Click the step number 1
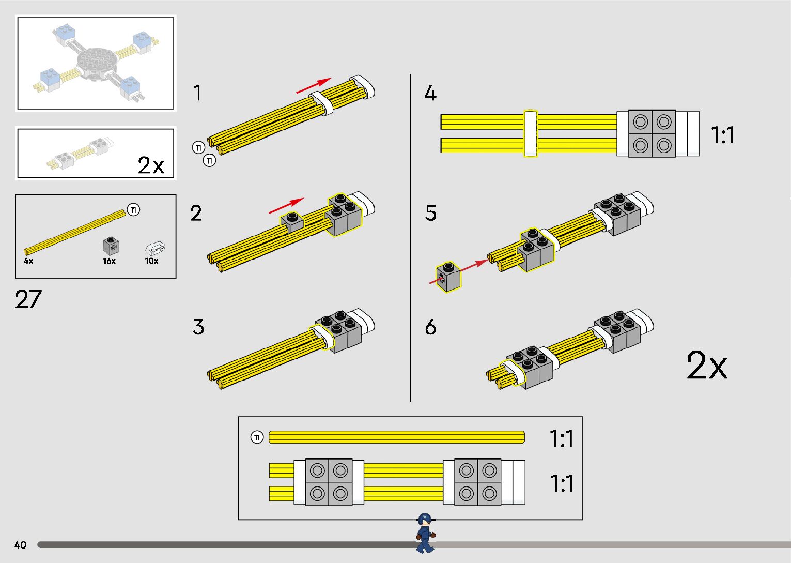(x=197, y=94)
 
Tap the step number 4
(x=430, y=94)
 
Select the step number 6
(x=430, y=327)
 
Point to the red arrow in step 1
(x=314, y=86)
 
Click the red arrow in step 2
(x=286, y=206)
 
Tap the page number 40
(x=20, y=545)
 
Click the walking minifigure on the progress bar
(x=425, y=533)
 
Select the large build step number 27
(x=28, y=299)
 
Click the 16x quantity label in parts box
(x=109, y=261)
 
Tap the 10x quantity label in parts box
(x=151, y=261)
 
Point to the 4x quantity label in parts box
(x=28, y=261)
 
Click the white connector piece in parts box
(x=155, y=248)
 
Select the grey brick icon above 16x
(x=110, y=245)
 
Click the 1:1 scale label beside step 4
(x=722, y=135)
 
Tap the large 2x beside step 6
(x=706, y=366)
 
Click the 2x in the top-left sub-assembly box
(x=150, y=165)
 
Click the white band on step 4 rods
(x=531, y=133)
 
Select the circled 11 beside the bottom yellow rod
(x=257, y=437)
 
